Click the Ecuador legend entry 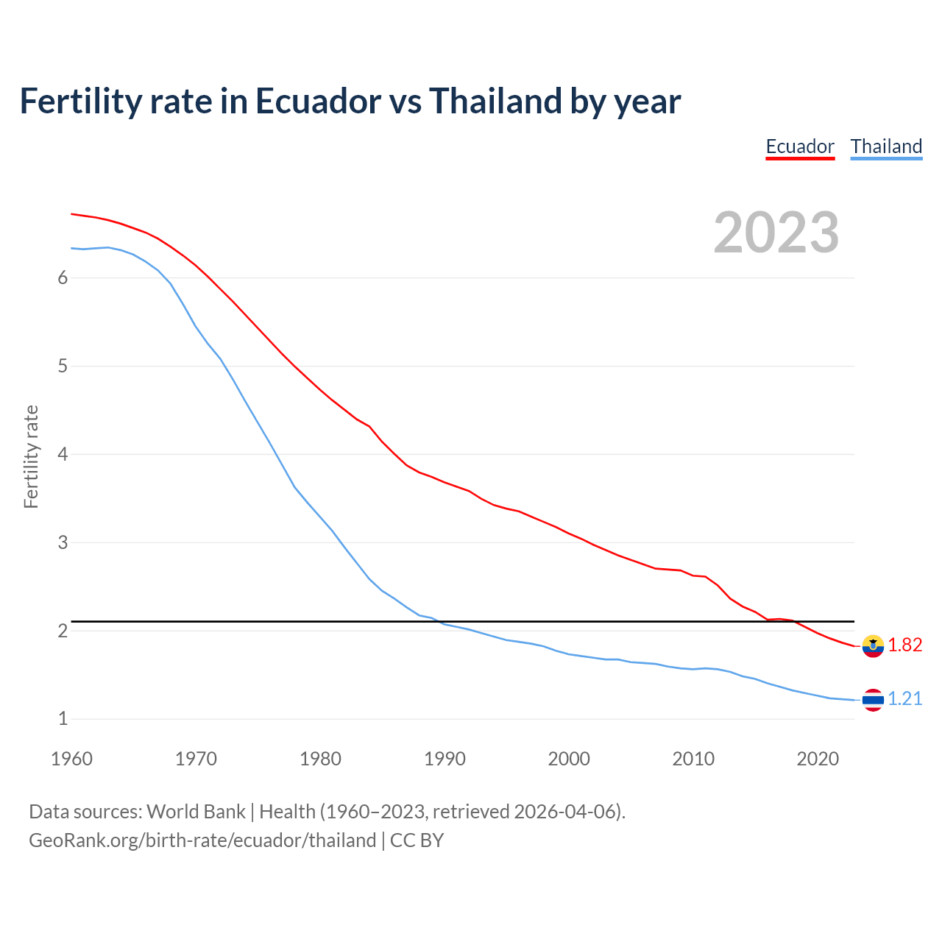pyautogui.click(x=800, y=146)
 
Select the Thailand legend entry pyautogui.click(x=886, y=146)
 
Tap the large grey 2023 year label pyautogui.click(x=776, y=233)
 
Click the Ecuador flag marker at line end pyautogui.click(x=873, y=645)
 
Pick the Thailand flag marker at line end pyautogui.click(x=873, y=700)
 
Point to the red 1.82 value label pyautogui.click(x=905, y=645)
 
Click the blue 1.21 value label pyautogui.click(x=905, y=699)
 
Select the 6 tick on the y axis pyautogui.click(x=63, y=278)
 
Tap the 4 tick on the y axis pyautogui.click(x=63, y=455)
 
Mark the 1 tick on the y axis pyautogui.click(x=63, y=719)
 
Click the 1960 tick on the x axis pyautogui.click(x=71, y=759)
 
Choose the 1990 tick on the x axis pyautogui.click(x=445, y=759)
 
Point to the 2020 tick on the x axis pyautogui.click(x=818, y=759)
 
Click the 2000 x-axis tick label pyautogui.click(x=569, y=759)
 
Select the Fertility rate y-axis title pyautogui.click(x=31, y=456)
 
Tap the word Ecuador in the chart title pyautogui.click(x=318, y=101)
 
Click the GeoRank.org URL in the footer pyautogui.click(x=202, y=840)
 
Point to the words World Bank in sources pyautogui.click(x=196, y=812)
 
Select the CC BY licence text pyautogui.click(x=417, y=840)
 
